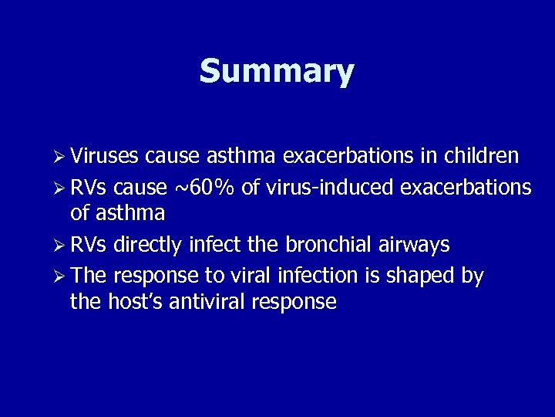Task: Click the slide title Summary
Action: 277,72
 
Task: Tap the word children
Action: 481,157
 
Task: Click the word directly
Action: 147,245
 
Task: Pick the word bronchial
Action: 331,245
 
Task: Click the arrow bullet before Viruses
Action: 59,158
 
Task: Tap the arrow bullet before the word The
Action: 59,276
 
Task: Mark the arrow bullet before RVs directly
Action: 59,246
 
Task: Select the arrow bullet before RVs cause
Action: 59,188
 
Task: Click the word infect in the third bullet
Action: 208,245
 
